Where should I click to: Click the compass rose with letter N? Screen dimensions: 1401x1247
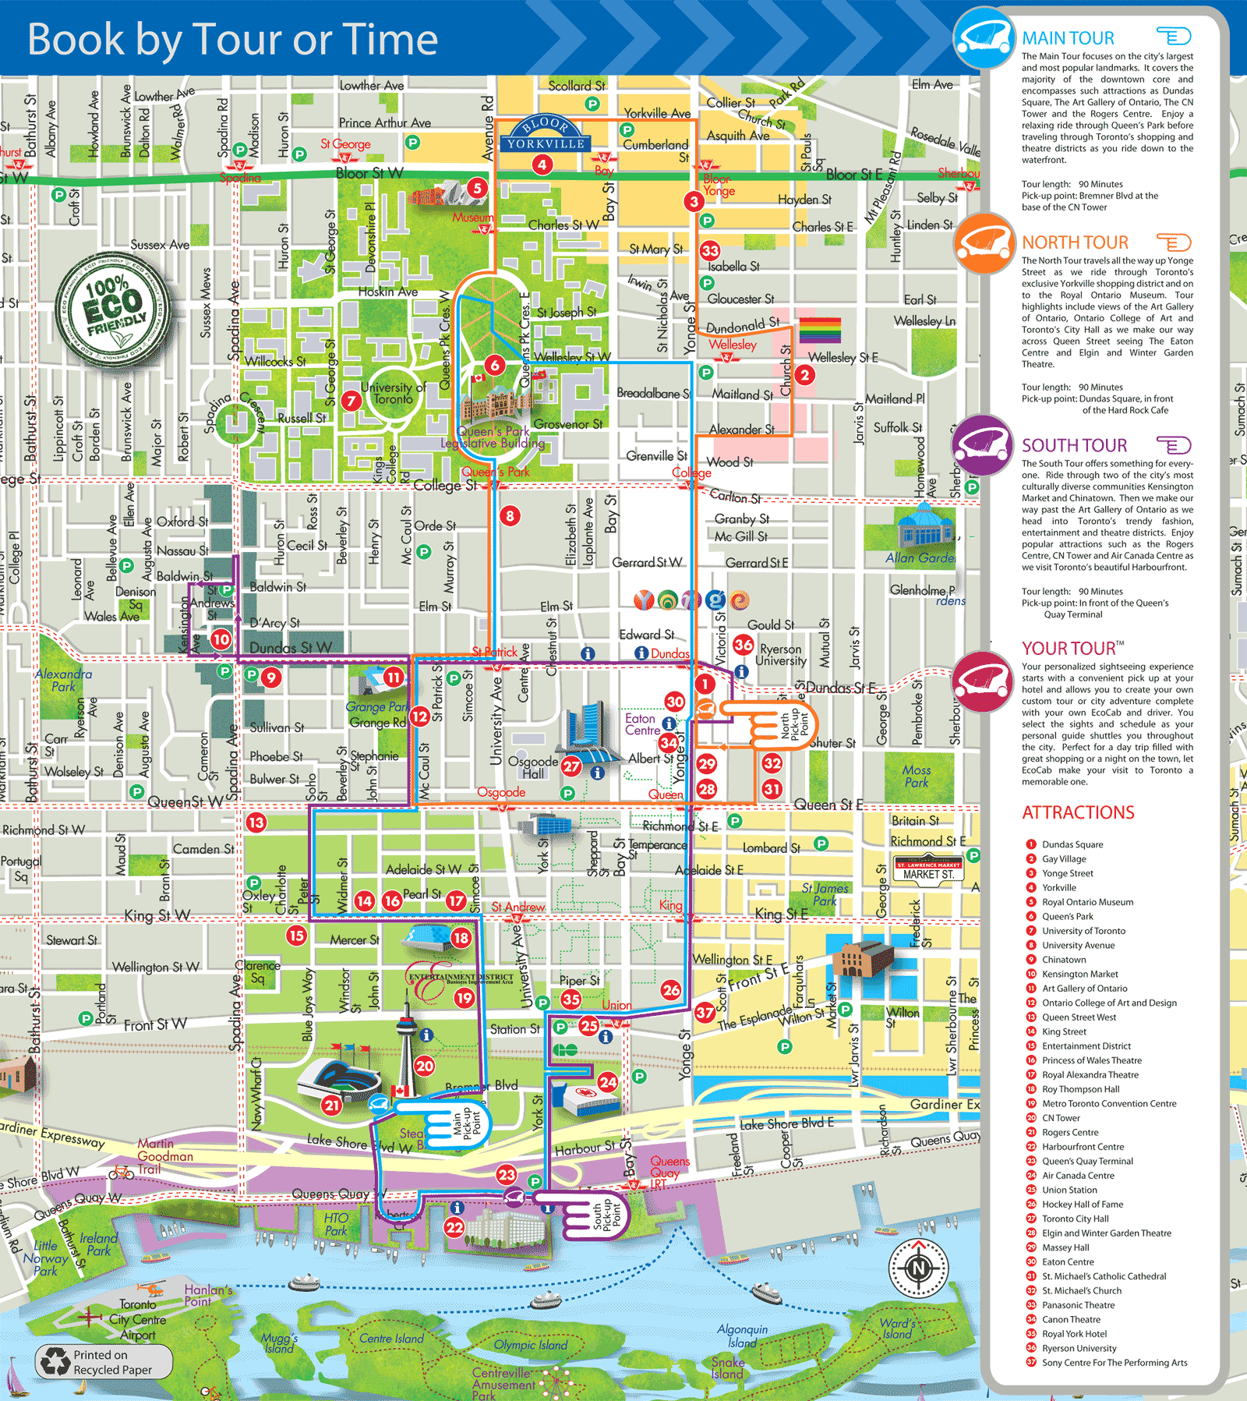click(x=919, y=1268)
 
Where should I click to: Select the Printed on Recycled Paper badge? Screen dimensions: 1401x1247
click(x=104, y=1362)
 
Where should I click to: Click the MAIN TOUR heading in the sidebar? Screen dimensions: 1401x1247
click(x=1068, y=38)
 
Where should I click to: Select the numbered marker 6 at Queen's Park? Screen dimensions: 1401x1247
click(x=494, y=365)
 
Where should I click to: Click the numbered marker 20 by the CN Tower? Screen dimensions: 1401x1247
click(x=425, y=1066)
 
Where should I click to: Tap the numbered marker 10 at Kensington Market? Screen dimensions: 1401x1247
click(x=221, y=639)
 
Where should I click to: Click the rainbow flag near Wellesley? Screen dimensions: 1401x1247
click(x=819, y=330)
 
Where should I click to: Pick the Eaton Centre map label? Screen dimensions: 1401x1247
click(x=642, y=724)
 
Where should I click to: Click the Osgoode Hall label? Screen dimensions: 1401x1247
click(x=533, y=767)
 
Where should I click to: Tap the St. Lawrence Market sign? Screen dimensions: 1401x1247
click(x=928, y=869)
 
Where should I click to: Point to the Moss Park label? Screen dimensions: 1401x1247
click(x=917, y=776)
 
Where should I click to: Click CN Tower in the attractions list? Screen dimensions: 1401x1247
click(x=1061, y=1118)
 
